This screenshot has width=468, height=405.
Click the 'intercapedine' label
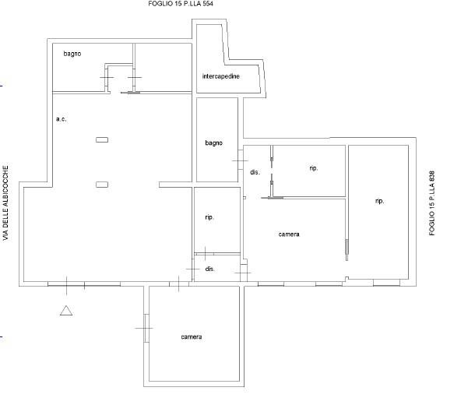coord(221,76)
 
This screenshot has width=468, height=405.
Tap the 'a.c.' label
coord(62,119)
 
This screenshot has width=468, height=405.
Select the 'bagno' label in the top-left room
coord(72,54)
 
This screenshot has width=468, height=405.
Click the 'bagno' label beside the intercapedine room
coord(213,143)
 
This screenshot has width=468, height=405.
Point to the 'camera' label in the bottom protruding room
coord(192,337)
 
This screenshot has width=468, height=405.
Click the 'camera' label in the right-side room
coord(289,234)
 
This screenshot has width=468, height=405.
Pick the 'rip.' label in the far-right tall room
coord(379,201)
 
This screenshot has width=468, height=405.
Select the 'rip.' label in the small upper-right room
coord(313,168)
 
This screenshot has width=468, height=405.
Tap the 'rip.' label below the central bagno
coord(209,217)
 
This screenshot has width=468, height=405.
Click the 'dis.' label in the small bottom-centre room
coord(209,269)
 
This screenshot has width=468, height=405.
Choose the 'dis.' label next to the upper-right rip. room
coord(255,172)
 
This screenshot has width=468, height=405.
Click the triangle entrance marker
coord(66,311)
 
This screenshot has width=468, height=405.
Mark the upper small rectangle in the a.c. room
coord(102,139)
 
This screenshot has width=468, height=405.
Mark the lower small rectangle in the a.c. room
coord(102,185)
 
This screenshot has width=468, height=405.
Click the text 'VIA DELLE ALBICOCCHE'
coord(5,203)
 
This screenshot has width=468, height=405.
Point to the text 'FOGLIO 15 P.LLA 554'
coord(181,4)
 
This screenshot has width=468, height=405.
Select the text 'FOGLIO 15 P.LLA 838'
coord(432,203)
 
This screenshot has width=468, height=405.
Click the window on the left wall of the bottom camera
coord(146,328)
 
